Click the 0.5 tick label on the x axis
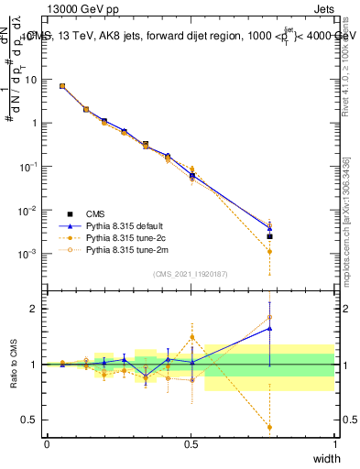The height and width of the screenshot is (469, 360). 191,443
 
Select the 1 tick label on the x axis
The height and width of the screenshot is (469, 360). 335,443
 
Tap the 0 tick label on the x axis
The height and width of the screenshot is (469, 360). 48,443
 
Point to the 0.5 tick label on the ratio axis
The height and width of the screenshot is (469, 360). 29,420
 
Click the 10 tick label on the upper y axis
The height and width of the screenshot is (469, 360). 30,80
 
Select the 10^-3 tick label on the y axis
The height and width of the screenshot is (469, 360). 29,254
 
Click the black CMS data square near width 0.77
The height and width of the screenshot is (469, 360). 269,236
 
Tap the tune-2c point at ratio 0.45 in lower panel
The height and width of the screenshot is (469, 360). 269,427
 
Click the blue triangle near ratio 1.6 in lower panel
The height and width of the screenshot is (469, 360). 269,327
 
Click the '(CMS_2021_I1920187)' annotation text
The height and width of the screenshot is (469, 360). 191,274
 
